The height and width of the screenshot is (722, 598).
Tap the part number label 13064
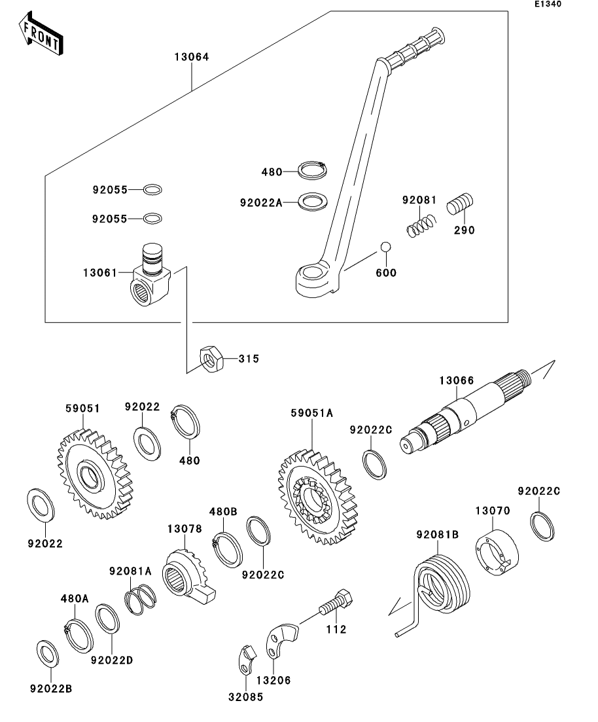click(192, 57)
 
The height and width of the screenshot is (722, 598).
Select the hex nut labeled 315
click(211, 359)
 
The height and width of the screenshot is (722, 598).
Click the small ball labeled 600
click(386, 247)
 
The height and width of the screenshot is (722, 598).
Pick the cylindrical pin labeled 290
click(461, 206)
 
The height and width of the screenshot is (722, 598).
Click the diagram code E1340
click(548, 5)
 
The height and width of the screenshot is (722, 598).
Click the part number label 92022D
click(112, 660)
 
